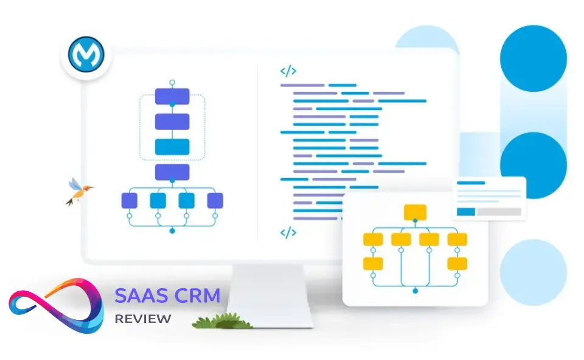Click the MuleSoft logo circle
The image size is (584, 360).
pyautogui.click(x=86, y=56)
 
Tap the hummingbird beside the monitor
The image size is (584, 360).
pyautogui.click(x=78, y=190)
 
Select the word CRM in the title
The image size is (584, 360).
pyautogui.click(x=196, y=297)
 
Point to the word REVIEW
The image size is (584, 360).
pyautogui.click(x=143, y=319)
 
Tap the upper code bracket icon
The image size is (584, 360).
pyautogui.click(x=288, y=71)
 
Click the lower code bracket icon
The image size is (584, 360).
pyautogui.click(x=288, y=232)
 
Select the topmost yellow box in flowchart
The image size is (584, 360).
pyautogui.click(x=415, y=212)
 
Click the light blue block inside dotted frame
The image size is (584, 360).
pyautogui.click(x=172, y=147)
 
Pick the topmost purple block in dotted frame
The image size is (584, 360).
pyautogui.click(x=172, y=96)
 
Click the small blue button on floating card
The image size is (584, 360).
pyautogui.click(x=466, y=212)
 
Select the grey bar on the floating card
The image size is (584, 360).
pyautogui.click(x=498, y=212)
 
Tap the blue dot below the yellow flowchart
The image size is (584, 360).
pyautogui.click(x=415, y=291)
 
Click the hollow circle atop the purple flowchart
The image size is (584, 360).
pyautogui.click(x=172, y=81)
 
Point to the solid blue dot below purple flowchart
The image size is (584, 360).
pyautogui.click(x=172, y=231)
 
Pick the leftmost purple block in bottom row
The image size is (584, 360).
pyautogui.click(x=130, y=200)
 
